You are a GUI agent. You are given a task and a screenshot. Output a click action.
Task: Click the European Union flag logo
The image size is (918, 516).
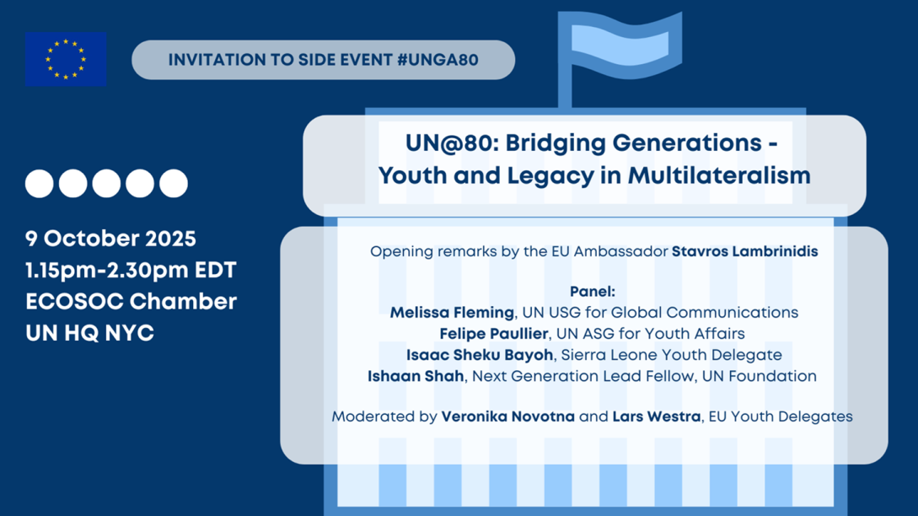pos(66,59)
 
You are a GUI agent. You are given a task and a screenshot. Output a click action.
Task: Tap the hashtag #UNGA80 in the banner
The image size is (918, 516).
pos(438,60)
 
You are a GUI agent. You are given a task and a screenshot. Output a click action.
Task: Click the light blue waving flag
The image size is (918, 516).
pos(620,43)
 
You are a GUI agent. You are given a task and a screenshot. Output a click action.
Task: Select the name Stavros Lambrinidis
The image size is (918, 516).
pos(744,251)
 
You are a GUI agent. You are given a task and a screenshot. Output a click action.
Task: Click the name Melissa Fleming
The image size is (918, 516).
pos(452,313)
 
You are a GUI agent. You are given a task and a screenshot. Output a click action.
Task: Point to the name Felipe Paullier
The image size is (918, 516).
pos(493,334)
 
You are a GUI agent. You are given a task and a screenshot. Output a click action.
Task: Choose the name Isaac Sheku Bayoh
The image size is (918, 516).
pos(480,355)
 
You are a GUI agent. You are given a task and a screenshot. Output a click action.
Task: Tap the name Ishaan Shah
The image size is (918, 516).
pos(416,376)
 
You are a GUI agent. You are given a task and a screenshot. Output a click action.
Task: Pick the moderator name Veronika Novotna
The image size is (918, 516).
pos(508,417)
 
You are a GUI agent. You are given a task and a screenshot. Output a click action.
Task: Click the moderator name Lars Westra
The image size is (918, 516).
pos(657,417)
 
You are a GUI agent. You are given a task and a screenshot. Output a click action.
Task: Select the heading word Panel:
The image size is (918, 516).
pos(593,291)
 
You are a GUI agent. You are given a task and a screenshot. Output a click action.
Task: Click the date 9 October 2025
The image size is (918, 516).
pos(110,239)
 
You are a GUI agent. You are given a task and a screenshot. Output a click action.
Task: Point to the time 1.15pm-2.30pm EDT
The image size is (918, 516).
pos(131,270)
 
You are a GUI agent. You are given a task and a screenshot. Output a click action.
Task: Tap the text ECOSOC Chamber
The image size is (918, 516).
pos(132,302)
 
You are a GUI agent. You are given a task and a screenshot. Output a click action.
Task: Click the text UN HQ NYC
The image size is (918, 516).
pos(89,333)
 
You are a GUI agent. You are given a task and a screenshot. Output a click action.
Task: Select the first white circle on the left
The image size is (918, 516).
pos(40,183)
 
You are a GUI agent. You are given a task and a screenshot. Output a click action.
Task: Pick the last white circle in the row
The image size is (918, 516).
pos(174,183)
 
